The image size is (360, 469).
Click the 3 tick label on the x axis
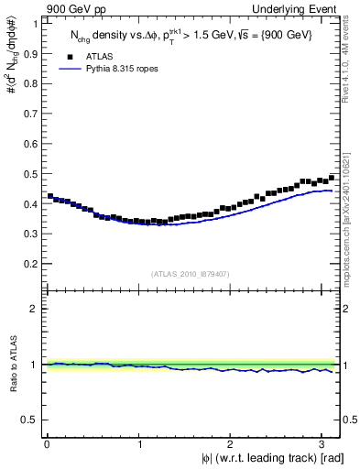(324, 444)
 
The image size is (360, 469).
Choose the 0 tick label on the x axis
(47, 444)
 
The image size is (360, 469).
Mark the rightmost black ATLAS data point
(332, 178)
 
